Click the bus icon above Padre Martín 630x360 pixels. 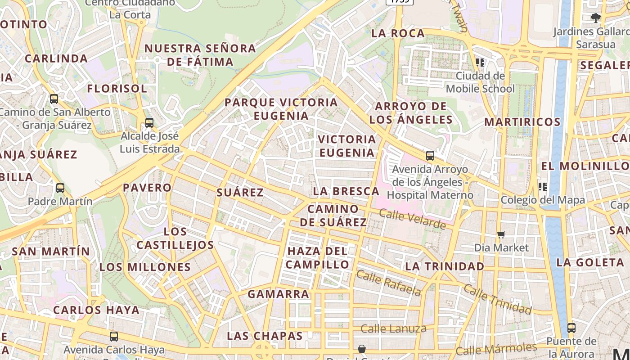[60, 188]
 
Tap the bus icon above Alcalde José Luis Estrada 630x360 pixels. [149, 122]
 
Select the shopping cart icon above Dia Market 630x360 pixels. [501, 234]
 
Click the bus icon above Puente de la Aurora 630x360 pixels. [571, 328]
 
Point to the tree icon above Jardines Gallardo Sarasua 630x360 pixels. [596, 18]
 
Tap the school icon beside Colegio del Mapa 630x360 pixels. [543, 186]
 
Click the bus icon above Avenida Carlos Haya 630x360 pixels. [114, 336]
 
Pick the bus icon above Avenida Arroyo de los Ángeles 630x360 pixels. [430, 156]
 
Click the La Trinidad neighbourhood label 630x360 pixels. [445, 266]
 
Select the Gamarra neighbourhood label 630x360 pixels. [279, 294]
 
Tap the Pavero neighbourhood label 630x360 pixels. [147, 188]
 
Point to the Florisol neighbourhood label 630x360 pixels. [117, 89]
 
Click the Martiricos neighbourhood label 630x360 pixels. [522, 122]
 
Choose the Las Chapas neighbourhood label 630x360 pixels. [265, 336]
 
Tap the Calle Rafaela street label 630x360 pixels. [389, 283]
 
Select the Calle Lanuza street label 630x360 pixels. [393, 328]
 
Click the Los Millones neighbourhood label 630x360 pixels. [145, 267]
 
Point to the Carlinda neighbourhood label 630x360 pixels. [56, 58]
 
